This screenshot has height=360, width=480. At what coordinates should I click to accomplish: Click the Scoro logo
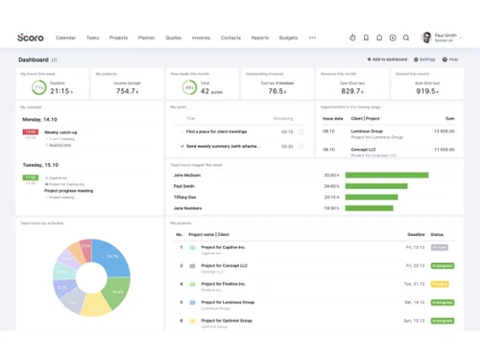31,37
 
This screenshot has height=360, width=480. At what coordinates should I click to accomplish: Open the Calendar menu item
66,37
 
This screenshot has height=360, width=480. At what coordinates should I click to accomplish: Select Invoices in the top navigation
201,37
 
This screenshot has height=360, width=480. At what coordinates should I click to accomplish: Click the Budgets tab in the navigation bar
288,37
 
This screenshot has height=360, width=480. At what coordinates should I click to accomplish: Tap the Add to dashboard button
387,60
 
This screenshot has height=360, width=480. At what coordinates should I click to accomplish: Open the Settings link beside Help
426,60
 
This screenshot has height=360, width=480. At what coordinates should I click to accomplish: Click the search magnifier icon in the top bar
406,37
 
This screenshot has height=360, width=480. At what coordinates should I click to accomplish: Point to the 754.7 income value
126,91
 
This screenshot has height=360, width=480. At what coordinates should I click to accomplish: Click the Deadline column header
416,234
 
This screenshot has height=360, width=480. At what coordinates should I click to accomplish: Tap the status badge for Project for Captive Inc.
440,248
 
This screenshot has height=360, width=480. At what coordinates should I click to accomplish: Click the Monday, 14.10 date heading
39,120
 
